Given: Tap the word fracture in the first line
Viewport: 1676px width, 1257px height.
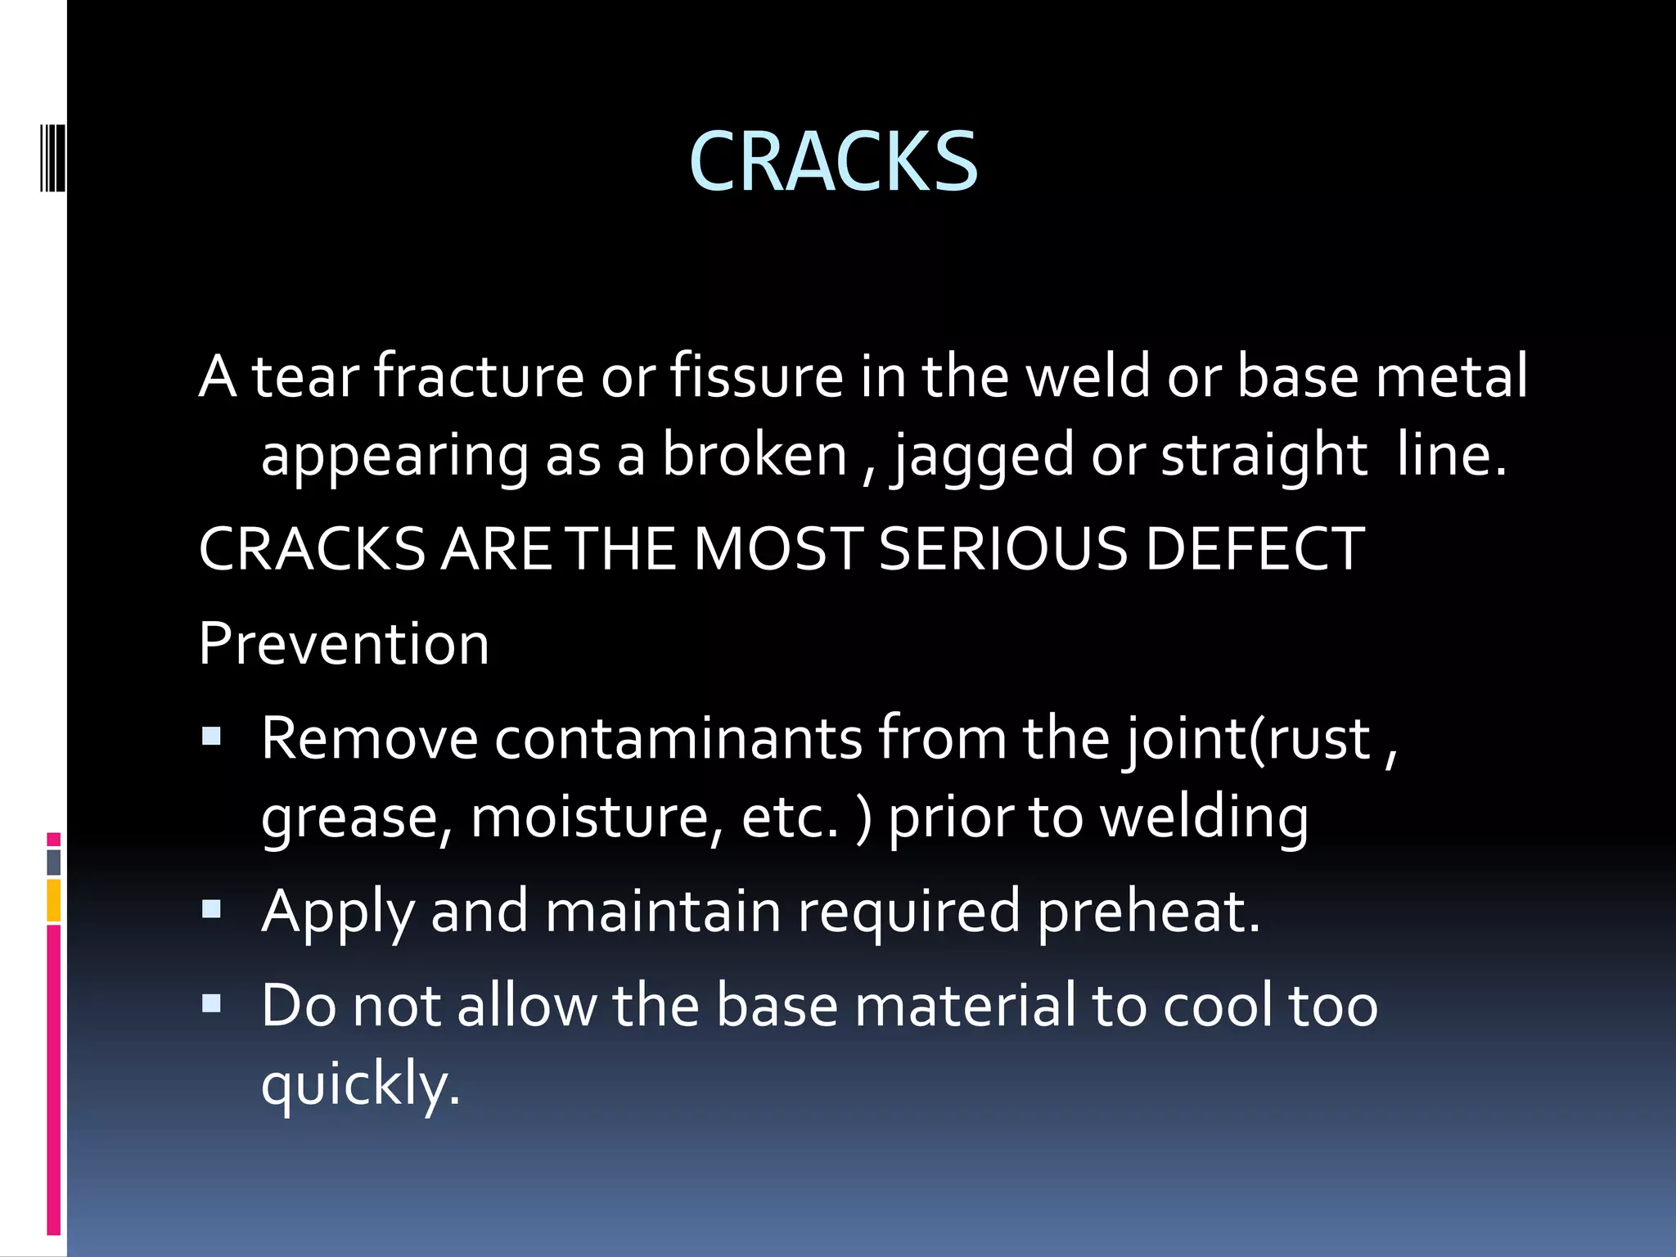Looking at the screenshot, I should [479, 376].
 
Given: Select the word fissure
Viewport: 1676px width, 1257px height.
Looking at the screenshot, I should [756, 376].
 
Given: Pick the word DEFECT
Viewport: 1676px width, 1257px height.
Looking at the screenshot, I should [1254, 549].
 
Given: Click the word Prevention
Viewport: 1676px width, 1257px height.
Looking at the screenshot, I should [344, 644].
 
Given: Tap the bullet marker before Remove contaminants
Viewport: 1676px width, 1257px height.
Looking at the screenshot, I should [212, 737].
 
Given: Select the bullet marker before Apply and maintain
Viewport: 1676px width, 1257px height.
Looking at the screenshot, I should [212, 908].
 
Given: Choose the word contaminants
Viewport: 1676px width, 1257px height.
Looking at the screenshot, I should [678, 739].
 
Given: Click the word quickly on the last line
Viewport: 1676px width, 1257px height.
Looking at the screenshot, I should [360, 1084].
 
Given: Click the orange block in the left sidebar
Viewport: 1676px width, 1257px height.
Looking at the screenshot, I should [54, 900].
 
